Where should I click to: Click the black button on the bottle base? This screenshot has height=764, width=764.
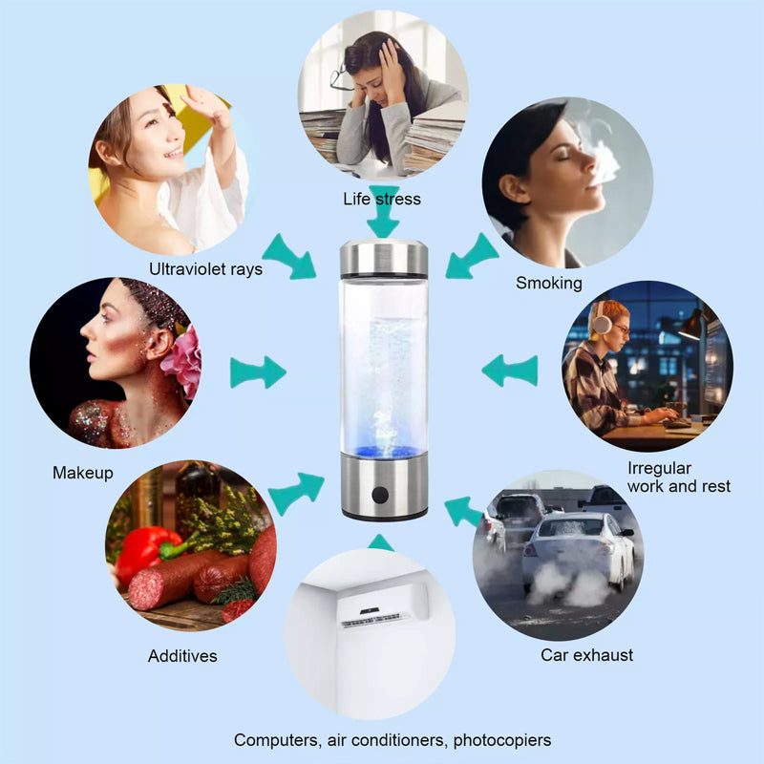pyautogui.click(x=380, y=495)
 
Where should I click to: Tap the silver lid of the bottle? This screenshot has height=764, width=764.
pyautogui.click(x=384, y=258)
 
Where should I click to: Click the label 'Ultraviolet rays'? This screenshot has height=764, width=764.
pyautogui.click(x=205, y=269)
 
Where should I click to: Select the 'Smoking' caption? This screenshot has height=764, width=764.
pyautogui.click(x=549, y=283)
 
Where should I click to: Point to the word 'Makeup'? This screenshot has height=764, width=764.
pyautogui.click(x=83, y=473)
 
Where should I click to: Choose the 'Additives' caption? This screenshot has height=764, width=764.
pyautogui.click(x=182, y=656)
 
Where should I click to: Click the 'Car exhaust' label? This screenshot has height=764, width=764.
pyautogui.click(x=586, y=655)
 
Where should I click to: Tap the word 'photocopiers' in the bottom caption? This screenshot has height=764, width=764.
pyautogui.click(x=502, y=740)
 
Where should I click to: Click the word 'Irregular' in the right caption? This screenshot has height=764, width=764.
pyautogui.click(x=659, y=468)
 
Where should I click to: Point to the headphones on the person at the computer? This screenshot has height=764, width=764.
pyautogui.click(x=602, y=319)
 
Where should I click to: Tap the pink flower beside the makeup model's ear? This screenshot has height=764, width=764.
pyautogui.click(x=182, y=362)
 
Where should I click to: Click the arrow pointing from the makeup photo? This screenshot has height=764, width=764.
pyautogui.click(x=258, y=372)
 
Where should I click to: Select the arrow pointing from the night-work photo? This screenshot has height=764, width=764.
pyautogui.click(x=510, y=371)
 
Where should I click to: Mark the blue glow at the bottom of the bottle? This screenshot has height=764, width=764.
pyautogui.click(x=384, y=451)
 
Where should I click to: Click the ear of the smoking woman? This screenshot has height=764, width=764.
pyautogui.click(x=513, y=188)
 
